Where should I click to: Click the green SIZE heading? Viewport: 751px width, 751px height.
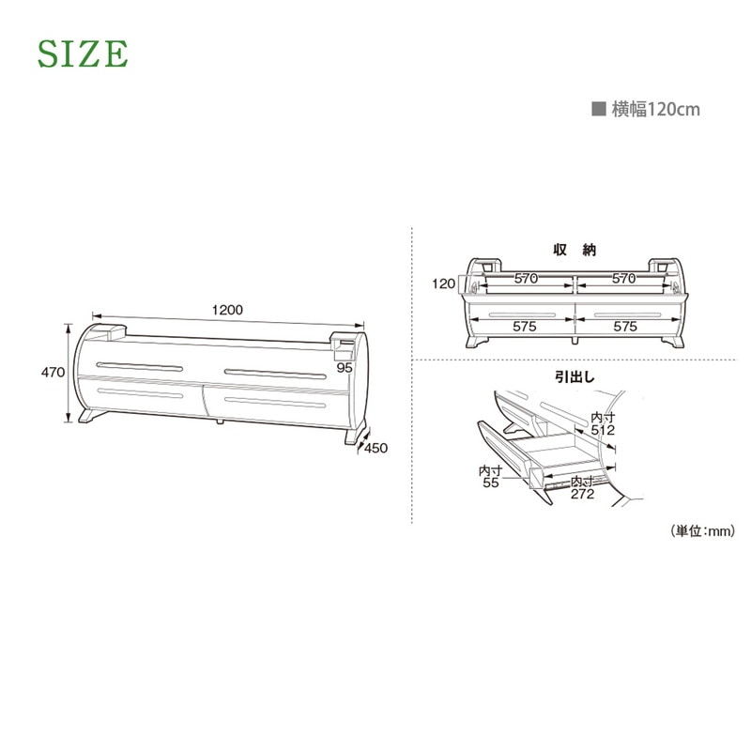pyautogui.click(x=83, y=54)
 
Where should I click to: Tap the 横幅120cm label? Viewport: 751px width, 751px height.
pyautogui.click(x=655, y=109)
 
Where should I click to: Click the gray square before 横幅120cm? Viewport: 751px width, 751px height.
pyautogui.click(x=599, y=109)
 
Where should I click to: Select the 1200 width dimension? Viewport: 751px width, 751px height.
pyautogui.click(x=227, y=310)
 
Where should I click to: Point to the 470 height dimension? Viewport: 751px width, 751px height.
pyautogui.click(x=53, y=372)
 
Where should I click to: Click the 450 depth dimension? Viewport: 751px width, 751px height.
pyautogui.click(x=376, y=449)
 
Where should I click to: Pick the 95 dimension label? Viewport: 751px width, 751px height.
pyautogui.click(x=345, y=368)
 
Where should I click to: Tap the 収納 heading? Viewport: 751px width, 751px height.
pyautogui.click(x=575, y=250)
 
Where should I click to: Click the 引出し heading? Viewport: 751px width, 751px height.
pyautogui.click(x=575, y=377)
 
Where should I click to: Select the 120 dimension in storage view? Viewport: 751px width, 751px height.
pyautogui.click(x=443, y=284)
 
